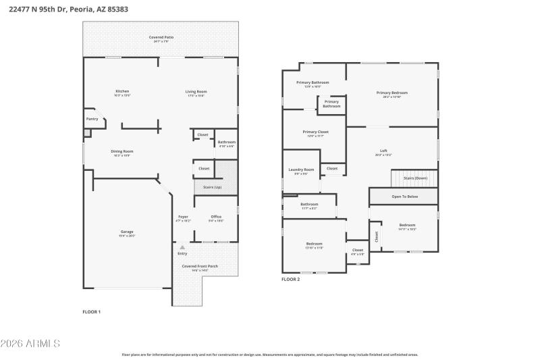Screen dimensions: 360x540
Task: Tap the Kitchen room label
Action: point(122,91)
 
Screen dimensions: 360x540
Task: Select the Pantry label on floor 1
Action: point(92,119)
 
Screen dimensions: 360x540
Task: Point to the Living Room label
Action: point(196,91)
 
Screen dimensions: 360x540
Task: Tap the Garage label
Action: point(127,232)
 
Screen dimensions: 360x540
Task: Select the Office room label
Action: point(216,217)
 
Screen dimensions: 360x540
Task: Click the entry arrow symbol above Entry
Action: point(182,248)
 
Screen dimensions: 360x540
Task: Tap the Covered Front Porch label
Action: point(200,266)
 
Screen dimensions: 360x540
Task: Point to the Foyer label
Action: point(183,217)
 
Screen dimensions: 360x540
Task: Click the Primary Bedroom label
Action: point(391,93)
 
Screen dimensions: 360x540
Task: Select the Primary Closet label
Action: point(315,132)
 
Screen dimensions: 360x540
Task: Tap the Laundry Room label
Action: point(301,170)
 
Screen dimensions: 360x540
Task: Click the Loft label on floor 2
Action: point(383,151)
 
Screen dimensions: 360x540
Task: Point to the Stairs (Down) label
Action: point(415,178)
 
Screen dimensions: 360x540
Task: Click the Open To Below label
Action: point(405,197)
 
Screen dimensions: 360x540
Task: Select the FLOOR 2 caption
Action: point(290,279)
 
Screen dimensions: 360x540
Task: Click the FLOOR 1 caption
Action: point(91,311)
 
